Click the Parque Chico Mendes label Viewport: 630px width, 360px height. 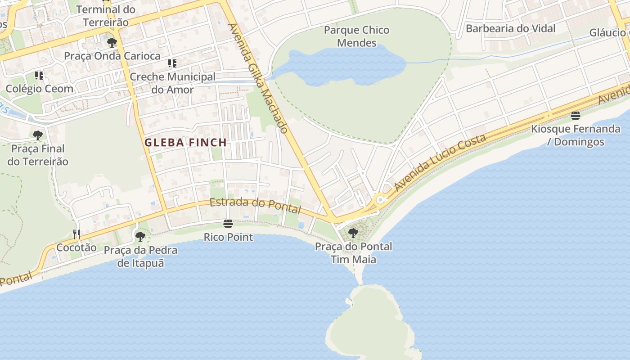pyautogui.click(x=356, y=36)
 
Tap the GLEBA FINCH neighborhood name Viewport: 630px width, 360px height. pyautogui.click(x=185, y=143)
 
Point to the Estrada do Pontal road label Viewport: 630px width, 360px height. pyautogui.click(x=255, y=205)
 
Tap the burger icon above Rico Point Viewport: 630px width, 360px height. pyautogui.click(x=228, y=224)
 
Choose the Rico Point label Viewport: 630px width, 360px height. pyautogui.click(x=228, y=237)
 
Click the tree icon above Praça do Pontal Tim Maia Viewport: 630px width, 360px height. pyautogui.click(x=353, y=233)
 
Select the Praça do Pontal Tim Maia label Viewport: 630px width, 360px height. pyautogui.click(x=353, y=253)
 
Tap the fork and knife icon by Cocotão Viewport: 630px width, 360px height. pyautogui.click(x=76, y=234)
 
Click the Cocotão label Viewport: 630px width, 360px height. pyautogui.click(x=76, y=247)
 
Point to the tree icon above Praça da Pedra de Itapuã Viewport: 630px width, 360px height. pyautogui.click(x=140, y=236)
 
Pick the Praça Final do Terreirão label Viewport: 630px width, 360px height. pyautogui.click(x=38, y=155)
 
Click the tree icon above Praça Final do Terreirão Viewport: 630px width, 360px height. pyautogui.click(x=38, y=135)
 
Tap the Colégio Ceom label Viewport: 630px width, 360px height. pyautogui.click(x=40, y=89)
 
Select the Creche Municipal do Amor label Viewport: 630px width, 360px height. pyautogui.click(x=173, y=83)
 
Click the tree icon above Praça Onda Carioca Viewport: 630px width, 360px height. pyautogui.click(x=112, y=43)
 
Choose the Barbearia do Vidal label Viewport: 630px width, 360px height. pyautogui.click(x=510, y=28)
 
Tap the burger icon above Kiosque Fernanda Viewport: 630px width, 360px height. pyautogui.click(x=575, y=116)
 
